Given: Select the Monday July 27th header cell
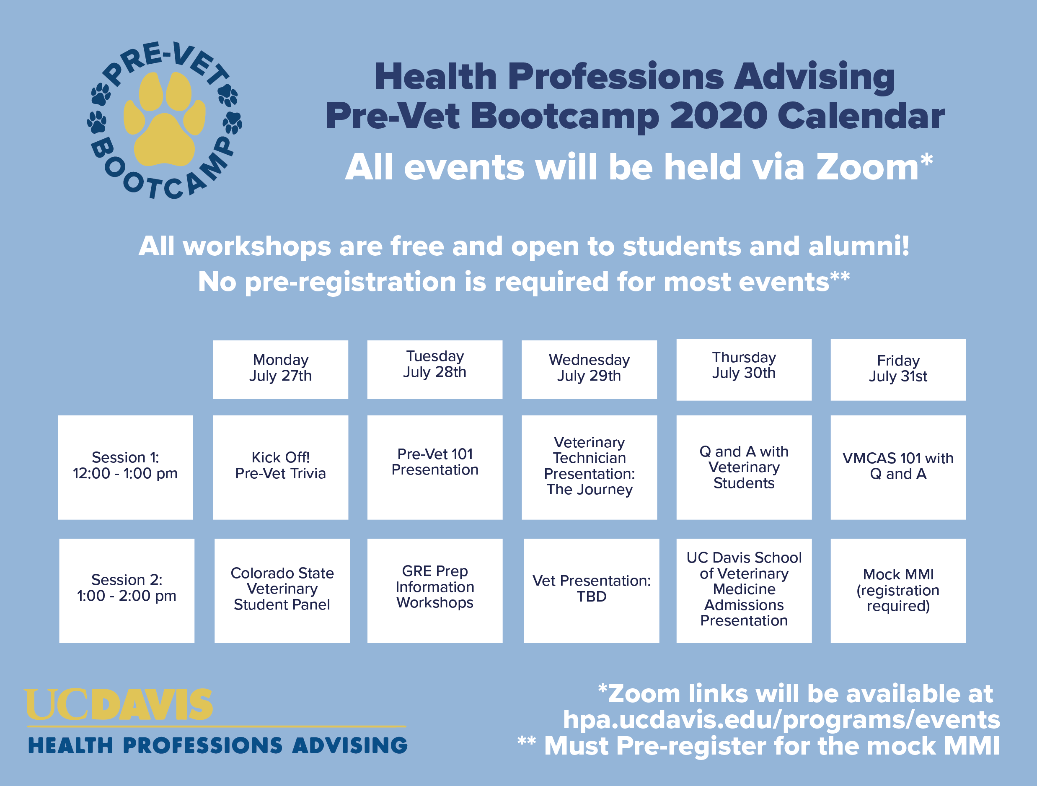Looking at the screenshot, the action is pyautogui.click(x=280, y=370).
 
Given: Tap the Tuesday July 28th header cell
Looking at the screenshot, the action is pyautogui.click(x=434, y=370).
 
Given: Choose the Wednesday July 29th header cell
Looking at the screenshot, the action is pyautogui.click(x=589, y=370).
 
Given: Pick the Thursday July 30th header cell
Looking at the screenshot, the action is pyautogui.click(x=744, y=370).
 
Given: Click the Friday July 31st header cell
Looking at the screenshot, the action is pyautogui.click(x=898, y=370).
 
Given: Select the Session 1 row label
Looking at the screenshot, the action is pyautogui.click(x=125, y=467).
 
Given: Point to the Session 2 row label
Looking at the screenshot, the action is pyautogui.click(x=127, y=590).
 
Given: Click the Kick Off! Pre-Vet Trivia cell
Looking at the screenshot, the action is pyautogui.click(x=280, y=467).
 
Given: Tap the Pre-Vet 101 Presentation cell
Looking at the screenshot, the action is pyautogui.click(x=434, y=467).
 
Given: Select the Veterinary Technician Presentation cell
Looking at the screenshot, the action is pyautogui.click(x=589, y=467).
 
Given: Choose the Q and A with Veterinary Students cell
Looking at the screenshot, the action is pyautogui.click(x=744, y=467).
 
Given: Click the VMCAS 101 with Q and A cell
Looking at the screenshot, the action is pyautogui.click(x=898, y=467).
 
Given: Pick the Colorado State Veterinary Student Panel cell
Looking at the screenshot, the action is pyautogui.click(x=282, y=590).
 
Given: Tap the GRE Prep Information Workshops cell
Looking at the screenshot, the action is pyautogui.click(x=434, y=590).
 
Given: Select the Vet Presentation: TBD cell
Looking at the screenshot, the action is pyautogui.click(x=592, y=590).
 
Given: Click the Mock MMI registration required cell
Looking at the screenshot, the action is pyautogui.click(x=898, y=590).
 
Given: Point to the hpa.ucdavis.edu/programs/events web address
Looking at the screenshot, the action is pyautogui.click(x=781, y=720).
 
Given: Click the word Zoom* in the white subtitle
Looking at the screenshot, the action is pyautogui.click(x=875, y=167).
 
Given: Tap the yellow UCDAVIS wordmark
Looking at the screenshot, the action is pyautogui.click(x=119, y=704).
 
